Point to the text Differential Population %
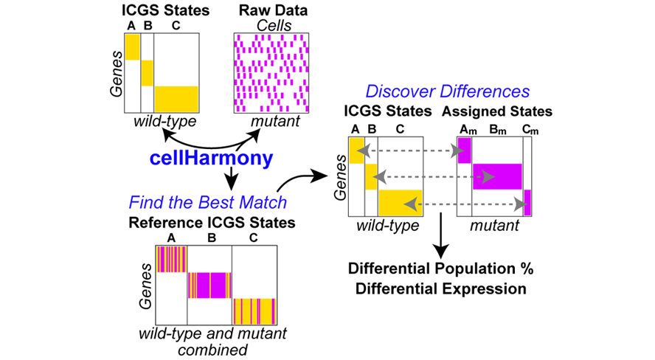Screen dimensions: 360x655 [x=440, y=269]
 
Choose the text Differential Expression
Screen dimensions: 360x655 [x=440, y=288]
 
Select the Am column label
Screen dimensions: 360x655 [x=465, y=129]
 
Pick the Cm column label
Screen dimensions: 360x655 [x=527, y=129]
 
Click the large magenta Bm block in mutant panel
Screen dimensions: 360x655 [x=497, y=176]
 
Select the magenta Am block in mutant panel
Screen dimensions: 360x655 [x=465, y=151]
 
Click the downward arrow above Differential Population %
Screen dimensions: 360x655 [x=440, y=236]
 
